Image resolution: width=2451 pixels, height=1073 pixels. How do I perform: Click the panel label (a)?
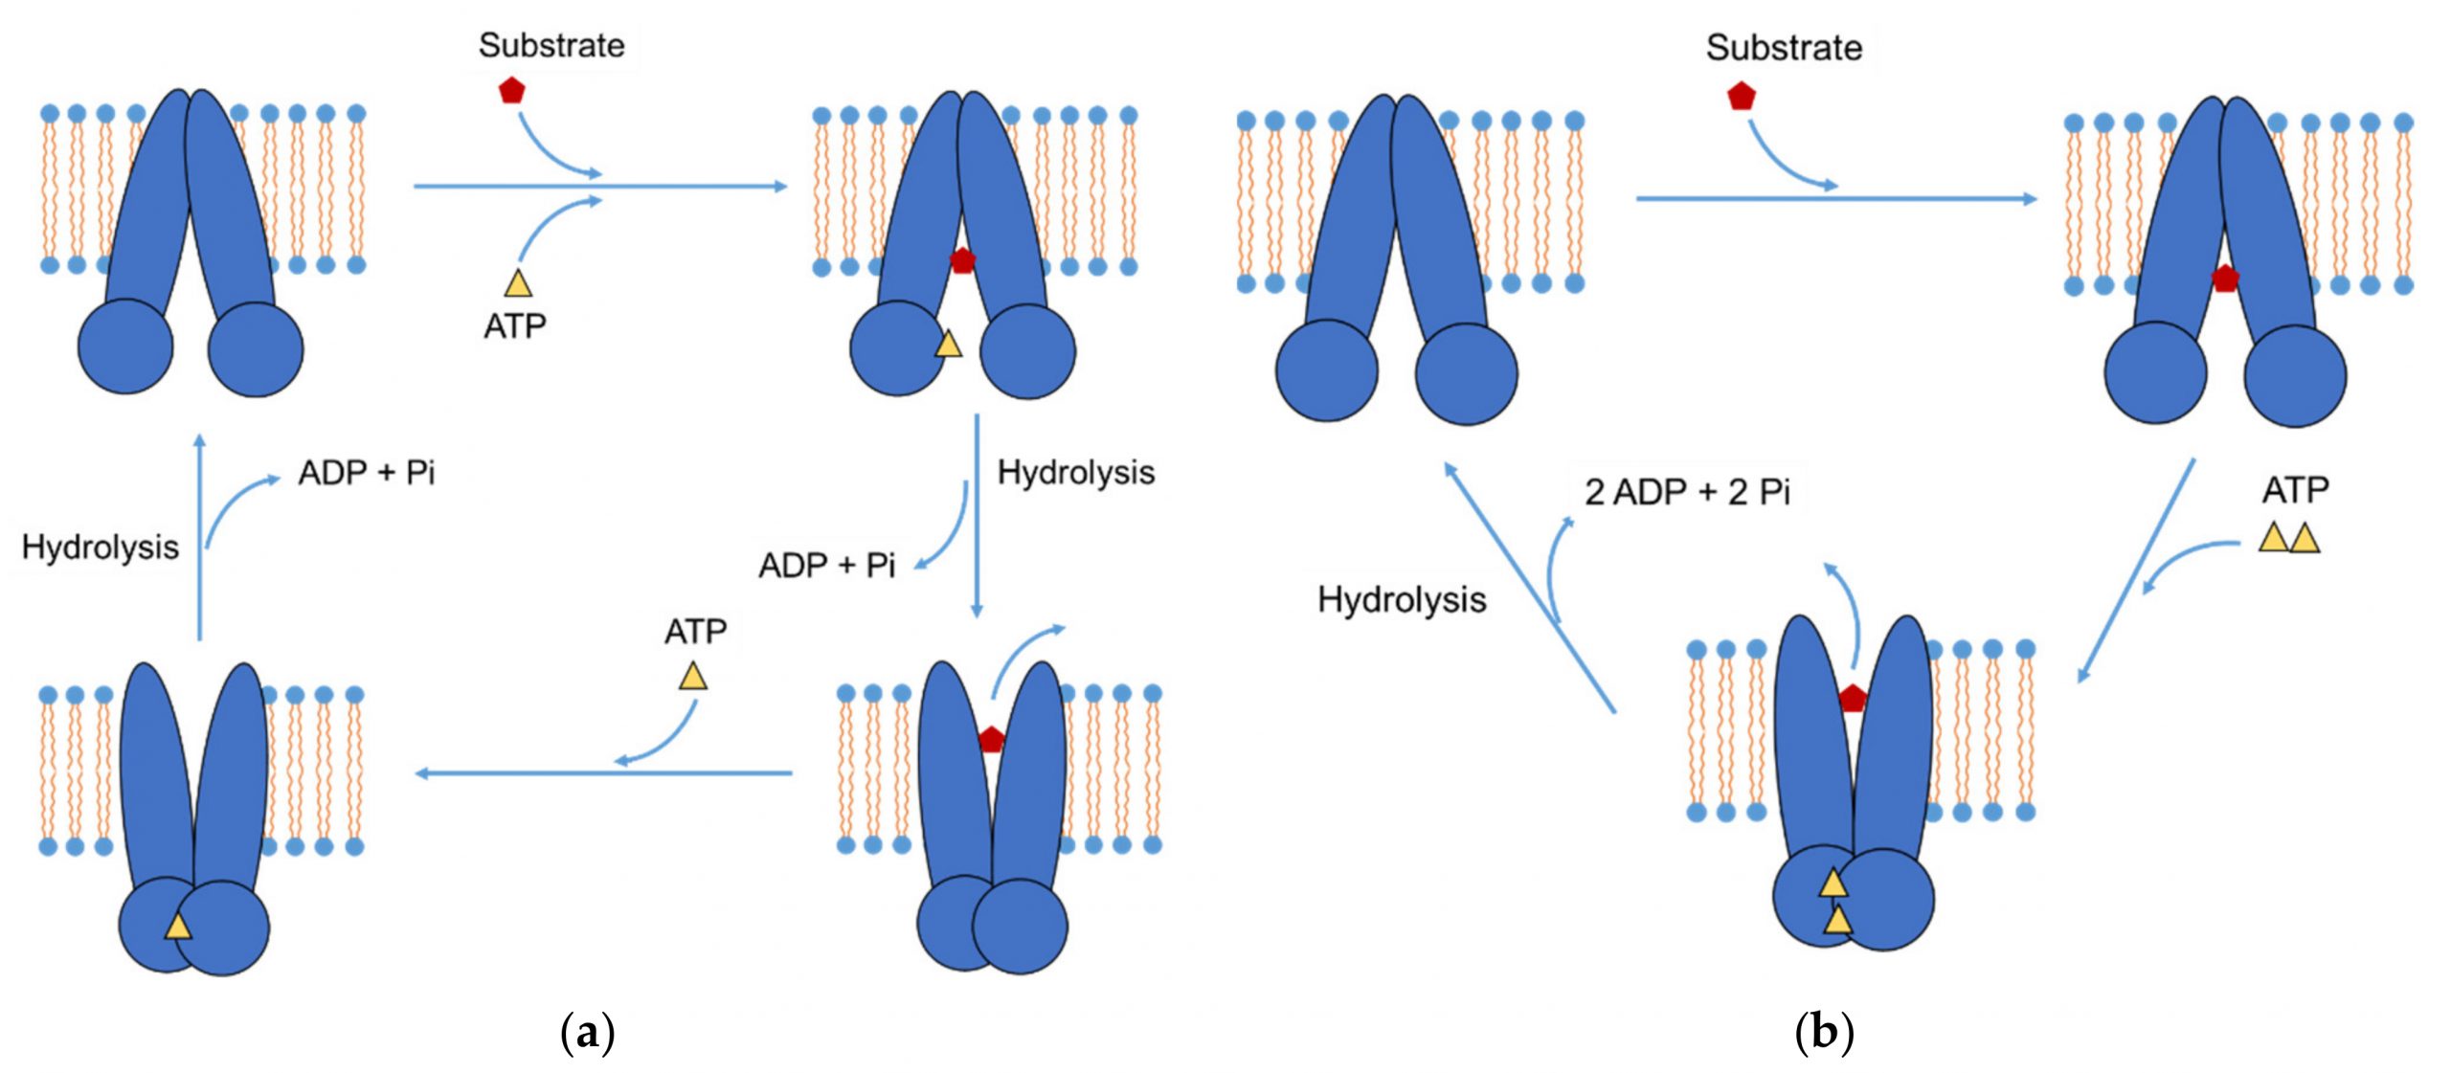point(587,1032)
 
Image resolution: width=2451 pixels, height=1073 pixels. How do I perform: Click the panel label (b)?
point(1824,1032)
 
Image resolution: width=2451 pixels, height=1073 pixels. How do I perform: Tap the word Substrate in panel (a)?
point(551,45)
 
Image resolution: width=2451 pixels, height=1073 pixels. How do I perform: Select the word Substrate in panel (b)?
point(1784,47)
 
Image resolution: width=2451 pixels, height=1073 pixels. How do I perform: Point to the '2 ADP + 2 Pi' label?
point(1687,492)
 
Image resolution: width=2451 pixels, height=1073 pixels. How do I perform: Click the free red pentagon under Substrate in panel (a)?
point(512,91)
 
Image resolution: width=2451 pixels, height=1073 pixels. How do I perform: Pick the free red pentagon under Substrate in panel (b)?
point(1742,96)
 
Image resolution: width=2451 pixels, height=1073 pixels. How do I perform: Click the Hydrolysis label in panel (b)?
point(1402,600)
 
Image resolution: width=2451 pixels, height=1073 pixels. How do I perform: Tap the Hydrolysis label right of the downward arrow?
point(1076,472)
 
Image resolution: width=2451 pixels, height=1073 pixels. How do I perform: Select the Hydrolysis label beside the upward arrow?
point(101,547)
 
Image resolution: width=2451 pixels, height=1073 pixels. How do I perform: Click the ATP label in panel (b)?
point(2295,490)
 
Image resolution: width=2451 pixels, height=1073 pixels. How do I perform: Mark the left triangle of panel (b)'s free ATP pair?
point(2274,537)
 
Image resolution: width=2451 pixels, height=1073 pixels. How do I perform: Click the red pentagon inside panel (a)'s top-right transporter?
point(962,259)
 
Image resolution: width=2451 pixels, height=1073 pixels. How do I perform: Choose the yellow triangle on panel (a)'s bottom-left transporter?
point(177,926)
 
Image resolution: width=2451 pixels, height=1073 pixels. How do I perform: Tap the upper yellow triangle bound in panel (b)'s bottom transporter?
point(1833,883)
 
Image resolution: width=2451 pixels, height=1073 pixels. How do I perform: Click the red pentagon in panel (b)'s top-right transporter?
point(2225,279)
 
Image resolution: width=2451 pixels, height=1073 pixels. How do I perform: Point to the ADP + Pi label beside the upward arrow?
point(367,473)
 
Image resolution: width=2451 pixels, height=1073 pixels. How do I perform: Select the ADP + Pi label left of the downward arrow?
point(827,566)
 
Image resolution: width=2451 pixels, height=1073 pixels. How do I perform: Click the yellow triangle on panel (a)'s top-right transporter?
point(948,344)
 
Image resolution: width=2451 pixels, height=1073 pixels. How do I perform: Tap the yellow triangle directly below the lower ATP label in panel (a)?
point(693,676)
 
